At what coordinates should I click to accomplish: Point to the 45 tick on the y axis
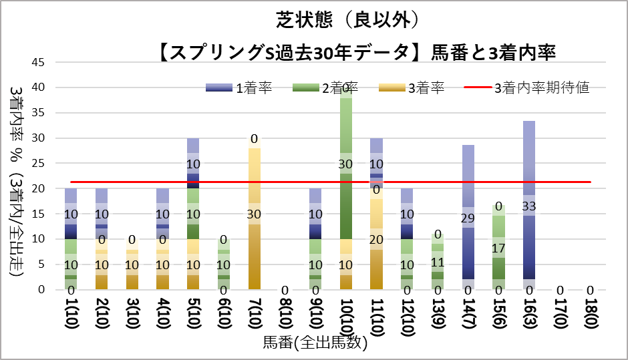coord(39,62)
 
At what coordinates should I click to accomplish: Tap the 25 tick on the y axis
coord(39,164)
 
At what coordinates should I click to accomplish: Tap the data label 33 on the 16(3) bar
coord(529,206)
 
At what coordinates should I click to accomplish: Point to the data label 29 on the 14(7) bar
coord(468,218)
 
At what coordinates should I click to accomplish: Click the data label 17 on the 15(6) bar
coord(498,248)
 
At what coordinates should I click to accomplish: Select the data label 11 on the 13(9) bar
coord(437,262)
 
